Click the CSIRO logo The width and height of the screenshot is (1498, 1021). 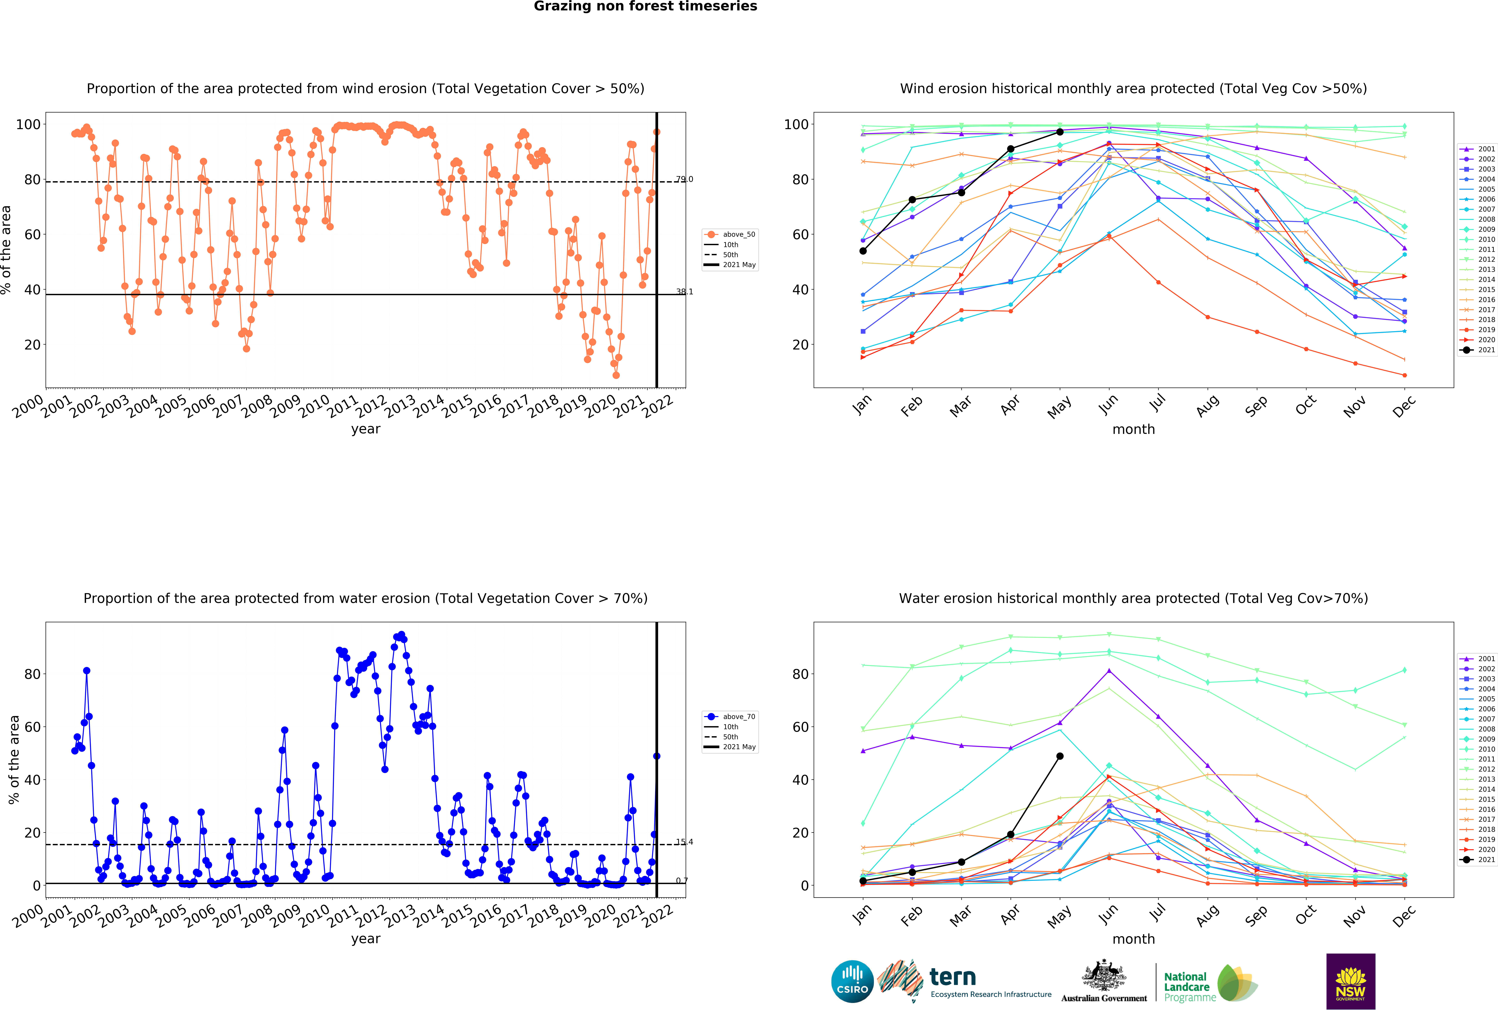tap(852, 982)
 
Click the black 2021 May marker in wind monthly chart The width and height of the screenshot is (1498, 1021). tap(1060, 132)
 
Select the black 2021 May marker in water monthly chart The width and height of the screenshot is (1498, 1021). tap(1060, 756)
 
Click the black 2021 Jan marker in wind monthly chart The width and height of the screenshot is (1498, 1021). tap(863, 251)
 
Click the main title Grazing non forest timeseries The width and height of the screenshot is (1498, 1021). tap(645, 6)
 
